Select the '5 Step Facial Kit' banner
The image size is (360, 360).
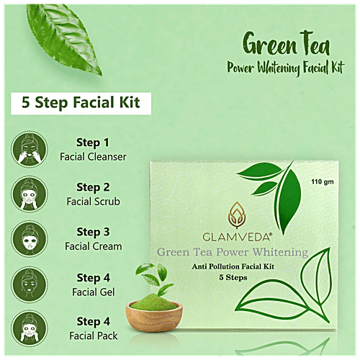pyautogui.click(x=81, y=102)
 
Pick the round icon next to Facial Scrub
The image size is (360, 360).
pyautogui.click(x=27, y=194)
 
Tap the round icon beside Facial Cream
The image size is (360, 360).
pyautogui.click(x=27, y=240)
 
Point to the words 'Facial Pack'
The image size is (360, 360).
pyautogui.click(x=94, y=336)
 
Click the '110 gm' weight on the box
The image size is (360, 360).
pyautogui.click(x=323, y=180)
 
